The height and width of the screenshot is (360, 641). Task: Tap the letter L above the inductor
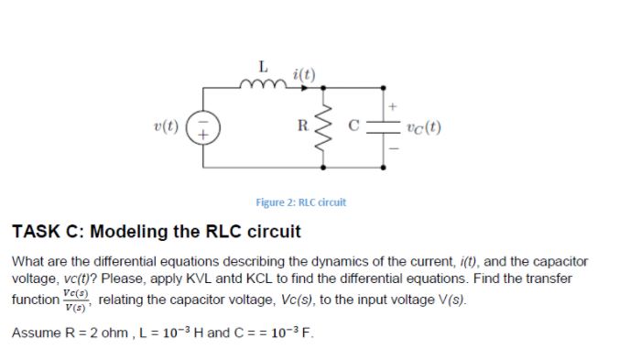tap(263, 66)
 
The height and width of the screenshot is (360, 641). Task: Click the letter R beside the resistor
tap(305, 126)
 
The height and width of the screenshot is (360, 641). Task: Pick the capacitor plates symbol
tap(383, 128)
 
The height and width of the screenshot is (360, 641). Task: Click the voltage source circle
tap(202, 127)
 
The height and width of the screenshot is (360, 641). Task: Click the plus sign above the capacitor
tap(395, 107)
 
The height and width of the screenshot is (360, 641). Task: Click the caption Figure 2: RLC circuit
tap(300, 202)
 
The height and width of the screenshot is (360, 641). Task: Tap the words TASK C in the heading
tap(46, 230)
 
